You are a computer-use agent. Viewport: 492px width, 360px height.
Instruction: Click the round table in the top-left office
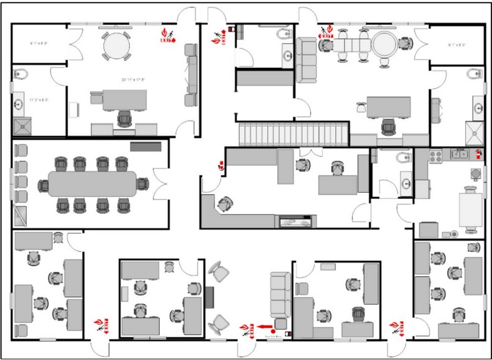(116, 44)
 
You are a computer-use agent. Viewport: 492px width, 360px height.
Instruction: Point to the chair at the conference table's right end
(142, 183)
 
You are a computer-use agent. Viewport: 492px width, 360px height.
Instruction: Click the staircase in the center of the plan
(292, 132)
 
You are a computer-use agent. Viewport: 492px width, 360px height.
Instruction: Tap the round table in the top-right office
(386, 44)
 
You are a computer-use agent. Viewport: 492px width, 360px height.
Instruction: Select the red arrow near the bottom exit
(264, 328)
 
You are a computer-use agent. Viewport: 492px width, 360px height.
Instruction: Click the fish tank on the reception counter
(297, 221)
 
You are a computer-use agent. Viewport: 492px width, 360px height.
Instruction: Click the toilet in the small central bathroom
(403, 158)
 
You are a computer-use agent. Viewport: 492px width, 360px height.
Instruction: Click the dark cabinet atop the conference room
(146, 146)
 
